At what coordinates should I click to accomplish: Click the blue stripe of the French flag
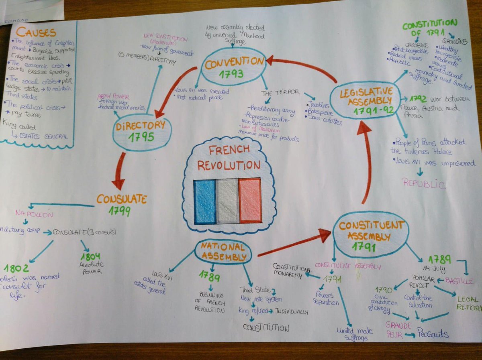point(204,201)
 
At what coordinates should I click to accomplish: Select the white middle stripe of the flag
point(227,201)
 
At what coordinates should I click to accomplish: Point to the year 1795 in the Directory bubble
point(141,138)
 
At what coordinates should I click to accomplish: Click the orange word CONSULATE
point(121,199)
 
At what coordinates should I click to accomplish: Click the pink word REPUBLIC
point(424,184)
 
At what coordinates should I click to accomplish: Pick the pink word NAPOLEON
point(35,214)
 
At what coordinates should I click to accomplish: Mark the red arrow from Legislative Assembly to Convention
point(301,67)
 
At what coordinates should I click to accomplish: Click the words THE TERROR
point(280,93)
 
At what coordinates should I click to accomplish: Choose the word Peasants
point(432,334)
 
